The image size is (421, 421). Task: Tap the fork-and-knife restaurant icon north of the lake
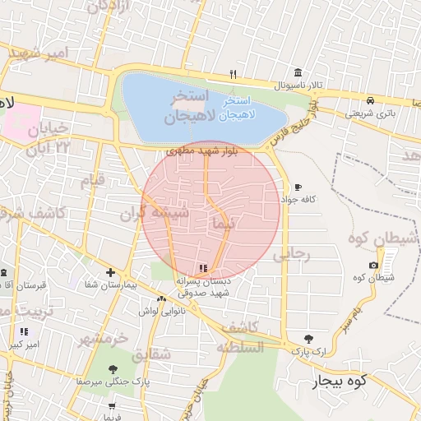coord(234,73)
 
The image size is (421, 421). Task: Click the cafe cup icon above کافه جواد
coord(297,187)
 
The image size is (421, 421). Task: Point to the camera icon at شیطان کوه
coord(374,265)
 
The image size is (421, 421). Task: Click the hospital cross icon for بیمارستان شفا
coord(110,272)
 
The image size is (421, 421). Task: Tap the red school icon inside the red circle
coord(203,267)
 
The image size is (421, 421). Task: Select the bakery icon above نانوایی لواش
coord(161,298)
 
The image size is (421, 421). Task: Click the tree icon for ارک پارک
coord(308,339)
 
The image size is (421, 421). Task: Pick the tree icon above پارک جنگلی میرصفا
coord(113,369)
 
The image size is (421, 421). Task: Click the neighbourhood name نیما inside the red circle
coord(223,223)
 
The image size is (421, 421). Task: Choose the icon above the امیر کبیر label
coord(23,331)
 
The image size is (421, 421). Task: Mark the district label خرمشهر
coord(105,338)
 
